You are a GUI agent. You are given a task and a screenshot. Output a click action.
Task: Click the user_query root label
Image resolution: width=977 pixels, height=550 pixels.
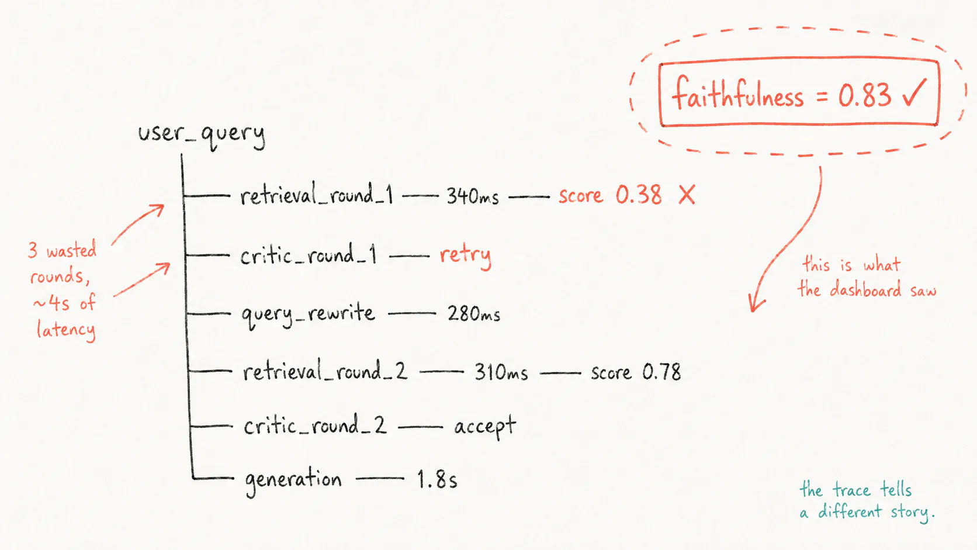point(202,135)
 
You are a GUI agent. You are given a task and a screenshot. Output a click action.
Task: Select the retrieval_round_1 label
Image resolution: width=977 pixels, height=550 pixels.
point(317,195)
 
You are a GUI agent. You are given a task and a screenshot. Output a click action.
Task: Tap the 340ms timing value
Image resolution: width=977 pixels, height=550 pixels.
point(472,196)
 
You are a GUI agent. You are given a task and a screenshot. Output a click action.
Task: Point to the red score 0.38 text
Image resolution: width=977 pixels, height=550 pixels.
point(610,195)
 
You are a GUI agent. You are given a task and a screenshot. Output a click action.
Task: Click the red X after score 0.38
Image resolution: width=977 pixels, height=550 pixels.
point(687,195)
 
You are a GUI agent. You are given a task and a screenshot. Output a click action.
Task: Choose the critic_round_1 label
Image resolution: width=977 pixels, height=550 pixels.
point(309,255)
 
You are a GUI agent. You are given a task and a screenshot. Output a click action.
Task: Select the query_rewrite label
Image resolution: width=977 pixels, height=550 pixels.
point(308,316)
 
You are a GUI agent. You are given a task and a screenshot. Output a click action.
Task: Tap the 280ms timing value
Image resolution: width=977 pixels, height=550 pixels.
point(474,314)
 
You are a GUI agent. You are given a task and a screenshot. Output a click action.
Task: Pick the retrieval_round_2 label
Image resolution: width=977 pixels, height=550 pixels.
point(325,372)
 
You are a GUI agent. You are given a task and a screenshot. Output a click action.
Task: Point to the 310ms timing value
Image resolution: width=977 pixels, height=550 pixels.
point(501,372)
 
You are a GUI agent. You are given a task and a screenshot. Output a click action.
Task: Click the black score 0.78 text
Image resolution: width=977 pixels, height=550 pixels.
point(636,372)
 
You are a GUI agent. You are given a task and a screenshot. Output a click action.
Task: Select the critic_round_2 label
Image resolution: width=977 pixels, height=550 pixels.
point(315,425)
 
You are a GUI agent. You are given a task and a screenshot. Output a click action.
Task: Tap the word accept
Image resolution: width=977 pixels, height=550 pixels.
point(485,426)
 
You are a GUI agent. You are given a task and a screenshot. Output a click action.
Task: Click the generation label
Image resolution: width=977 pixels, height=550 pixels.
point(293,480)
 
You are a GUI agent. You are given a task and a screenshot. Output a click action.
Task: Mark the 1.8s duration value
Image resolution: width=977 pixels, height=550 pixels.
point(436,479)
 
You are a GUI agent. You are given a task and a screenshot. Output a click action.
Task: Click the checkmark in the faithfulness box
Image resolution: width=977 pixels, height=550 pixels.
point(914,92)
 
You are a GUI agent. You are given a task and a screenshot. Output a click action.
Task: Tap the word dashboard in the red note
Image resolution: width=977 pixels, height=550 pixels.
point(865,289)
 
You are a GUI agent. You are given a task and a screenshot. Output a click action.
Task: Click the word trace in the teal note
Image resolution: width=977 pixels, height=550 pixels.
point(851,490)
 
